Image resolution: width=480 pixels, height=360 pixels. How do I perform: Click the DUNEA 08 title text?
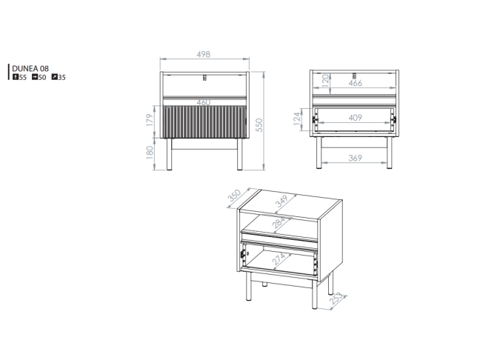30,69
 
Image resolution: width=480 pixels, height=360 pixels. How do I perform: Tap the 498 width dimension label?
204,55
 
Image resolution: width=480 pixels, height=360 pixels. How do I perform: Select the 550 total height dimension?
259,125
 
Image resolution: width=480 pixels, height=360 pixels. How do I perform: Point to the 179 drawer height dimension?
150,120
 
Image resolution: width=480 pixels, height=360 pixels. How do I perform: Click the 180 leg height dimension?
150,153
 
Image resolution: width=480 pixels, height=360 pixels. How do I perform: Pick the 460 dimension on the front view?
204,102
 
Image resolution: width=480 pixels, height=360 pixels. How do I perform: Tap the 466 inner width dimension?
355,83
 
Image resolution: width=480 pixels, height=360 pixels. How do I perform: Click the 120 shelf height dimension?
326,81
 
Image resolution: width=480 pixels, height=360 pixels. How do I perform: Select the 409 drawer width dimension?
355,118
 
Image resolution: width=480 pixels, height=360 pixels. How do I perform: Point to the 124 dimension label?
296,119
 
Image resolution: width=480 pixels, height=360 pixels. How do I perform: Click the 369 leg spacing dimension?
355,158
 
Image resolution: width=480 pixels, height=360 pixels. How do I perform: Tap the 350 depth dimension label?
235,196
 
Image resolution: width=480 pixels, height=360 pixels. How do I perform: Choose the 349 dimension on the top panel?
281,201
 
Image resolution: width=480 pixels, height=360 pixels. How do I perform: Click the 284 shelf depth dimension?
279,222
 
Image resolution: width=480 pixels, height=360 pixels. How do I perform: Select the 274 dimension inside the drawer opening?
279,259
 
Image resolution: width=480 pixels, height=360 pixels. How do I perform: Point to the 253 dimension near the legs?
336,299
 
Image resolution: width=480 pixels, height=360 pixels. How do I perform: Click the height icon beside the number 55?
16,77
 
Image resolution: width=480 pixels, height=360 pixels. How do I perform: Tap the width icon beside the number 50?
35,77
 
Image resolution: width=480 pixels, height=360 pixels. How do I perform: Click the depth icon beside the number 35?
55,77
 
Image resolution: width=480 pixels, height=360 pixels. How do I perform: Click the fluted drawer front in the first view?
204,121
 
